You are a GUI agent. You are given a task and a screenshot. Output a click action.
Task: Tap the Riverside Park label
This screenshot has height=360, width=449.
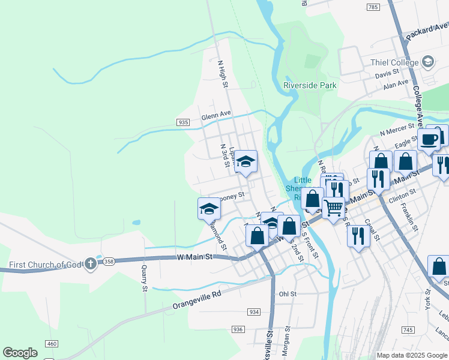tap(310, 85)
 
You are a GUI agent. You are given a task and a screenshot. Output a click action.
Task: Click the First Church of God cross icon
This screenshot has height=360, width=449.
tap(90, 263)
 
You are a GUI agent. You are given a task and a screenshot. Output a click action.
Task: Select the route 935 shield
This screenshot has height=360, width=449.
tap(184, 122)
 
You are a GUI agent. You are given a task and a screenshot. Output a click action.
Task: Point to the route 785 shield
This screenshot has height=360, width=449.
tap(372, 7)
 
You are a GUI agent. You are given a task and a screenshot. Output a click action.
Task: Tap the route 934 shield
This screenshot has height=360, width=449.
tap(254, 312)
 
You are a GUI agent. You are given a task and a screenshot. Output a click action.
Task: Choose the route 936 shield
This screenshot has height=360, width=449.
tap(238, 329)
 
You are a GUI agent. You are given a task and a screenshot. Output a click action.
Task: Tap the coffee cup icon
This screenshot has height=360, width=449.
tap(429, 139)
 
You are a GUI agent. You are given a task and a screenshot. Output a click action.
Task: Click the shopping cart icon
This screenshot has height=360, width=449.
tap(333, 207)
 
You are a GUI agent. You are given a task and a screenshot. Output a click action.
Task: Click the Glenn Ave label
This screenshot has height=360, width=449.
tap(216, 116)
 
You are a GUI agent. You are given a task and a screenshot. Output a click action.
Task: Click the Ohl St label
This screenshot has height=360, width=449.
tap(288, 294)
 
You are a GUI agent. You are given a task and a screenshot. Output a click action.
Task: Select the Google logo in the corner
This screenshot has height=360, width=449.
tap(20, 353)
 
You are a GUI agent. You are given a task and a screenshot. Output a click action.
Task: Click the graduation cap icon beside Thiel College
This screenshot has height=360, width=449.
tap(428, 61)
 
